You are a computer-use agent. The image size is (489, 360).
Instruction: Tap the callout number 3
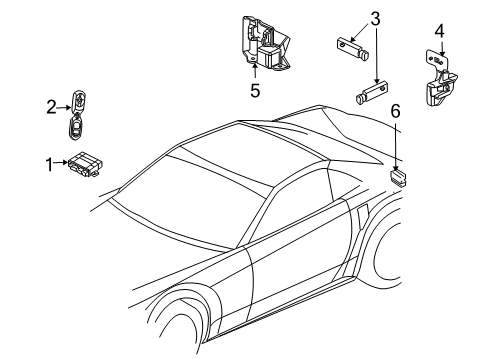(376, 18)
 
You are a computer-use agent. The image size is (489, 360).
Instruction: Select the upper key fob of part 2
(77, 99)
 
